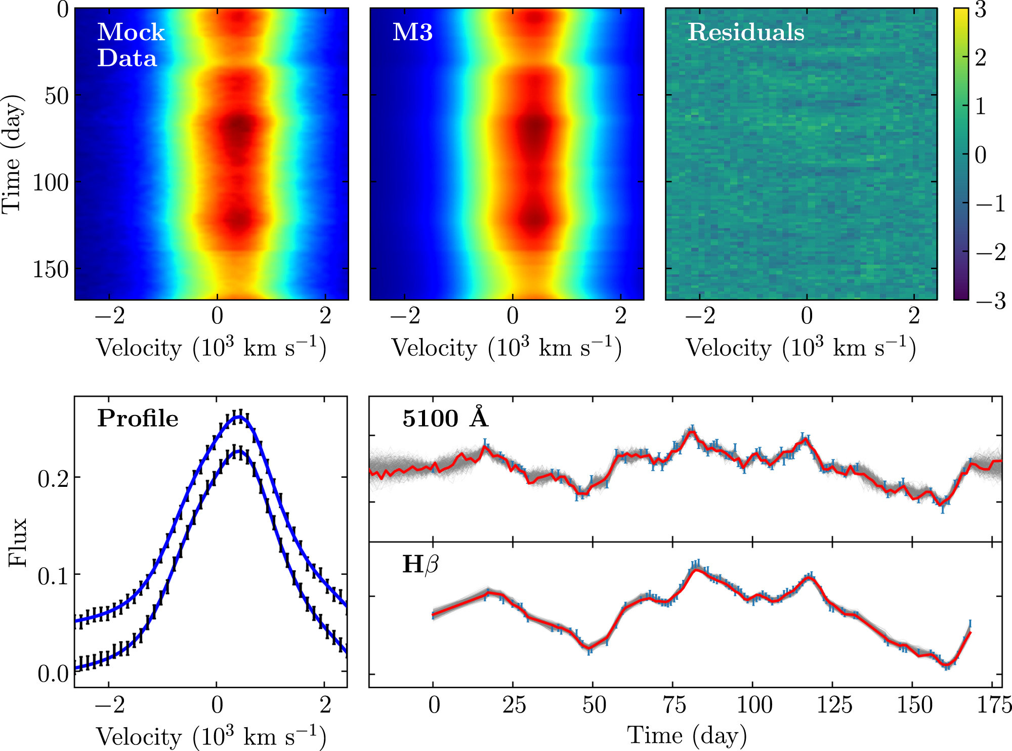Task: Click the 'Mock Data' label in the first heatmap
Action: tap(131, 45)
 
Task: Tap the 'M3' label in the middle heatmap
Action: tap(412, 32)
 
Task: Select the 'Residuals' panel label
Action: tap(745, 32)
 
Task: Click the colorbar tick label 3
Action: tap(981, 10)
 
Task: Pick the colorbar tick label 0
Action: tap(981, 155)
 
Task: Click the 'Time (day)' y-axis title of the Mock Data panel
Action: tap(13, 154)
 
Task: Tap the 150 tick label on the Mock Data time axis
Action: tap(51, 270)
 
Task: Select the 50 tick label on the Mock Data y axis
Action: tap(56, 96)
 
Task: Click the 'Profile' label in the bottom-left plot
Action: tap(138, 419)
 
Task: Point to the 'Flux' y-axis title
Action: tap(18, 542)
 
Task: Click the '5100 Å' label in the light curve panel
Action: tap(445, 418)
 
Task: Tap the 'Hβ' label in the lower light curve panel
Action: tap(420, 564)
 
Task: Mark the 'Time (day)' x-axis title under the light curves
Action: tap(687, 735)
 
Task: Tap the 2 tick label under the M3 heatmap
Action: tap(621, 316)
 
